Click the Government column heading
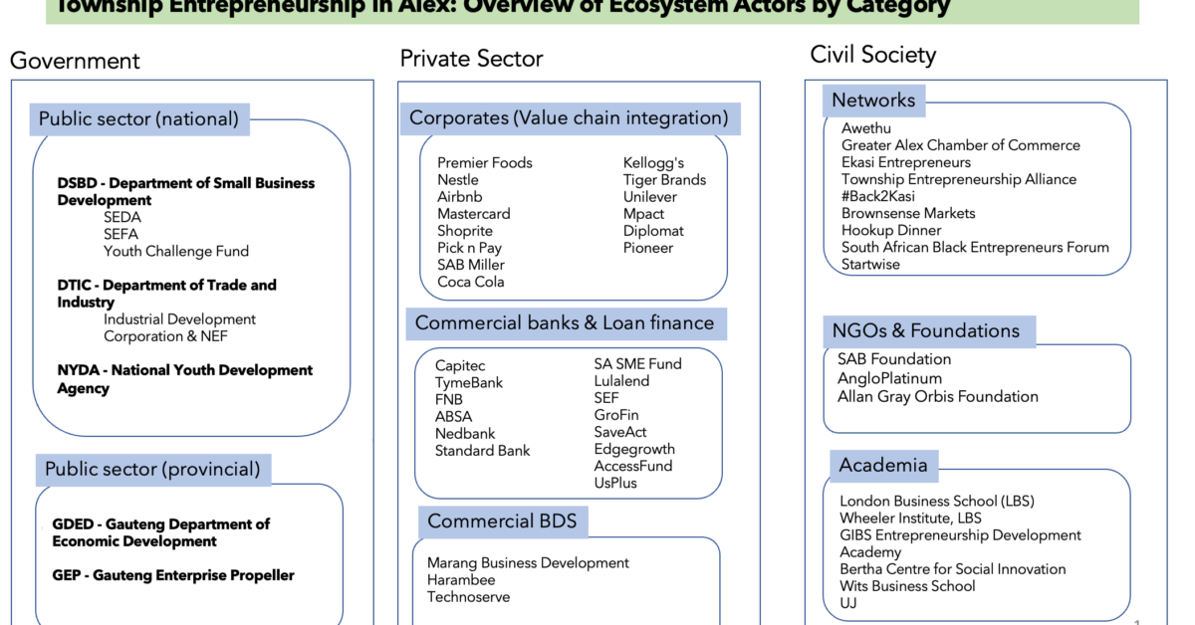(75, 61)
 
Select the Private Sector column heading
(471, 59)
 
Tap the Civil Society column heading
(872, 54)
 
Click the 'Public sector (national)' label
(138, 119)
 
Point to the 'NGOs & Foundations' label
(926, 330)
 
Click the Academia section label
(882, 465)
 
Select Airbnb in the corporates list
(459, 197)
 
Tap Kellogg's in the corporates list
(653, 163)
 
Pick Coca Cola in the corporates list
(470, 282)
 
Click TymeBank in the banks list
(468, 383)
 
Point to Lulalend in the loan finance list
(621, 381)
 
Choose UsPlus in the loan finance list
(615, 483)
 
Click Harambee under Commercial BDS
(461, 580)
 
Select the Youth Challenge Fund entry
(176, 252)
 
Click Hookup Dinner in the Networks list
(891, 230)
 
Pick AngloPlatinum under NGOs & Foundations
(889, 378)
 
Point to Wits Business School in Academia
(907, 586)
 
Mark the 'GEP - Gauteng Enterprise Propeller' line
(173, 575)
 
